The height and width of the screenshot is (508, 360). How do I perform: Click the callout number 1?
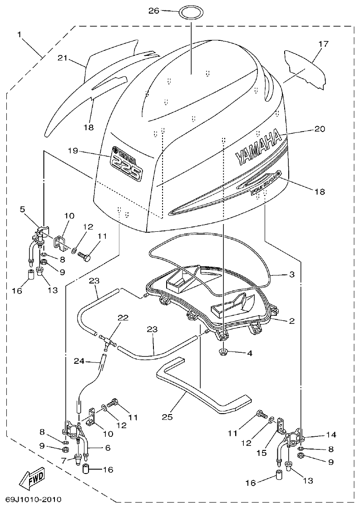(x=20, y=34)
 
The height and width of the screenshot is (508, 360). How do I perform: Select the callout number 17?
(x=323, y=44)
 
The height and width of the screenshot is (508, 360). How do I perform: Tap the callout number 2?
(x=292, y=321)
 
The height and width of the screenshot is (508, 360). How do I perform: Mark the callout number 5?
(x=22, y=209)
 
